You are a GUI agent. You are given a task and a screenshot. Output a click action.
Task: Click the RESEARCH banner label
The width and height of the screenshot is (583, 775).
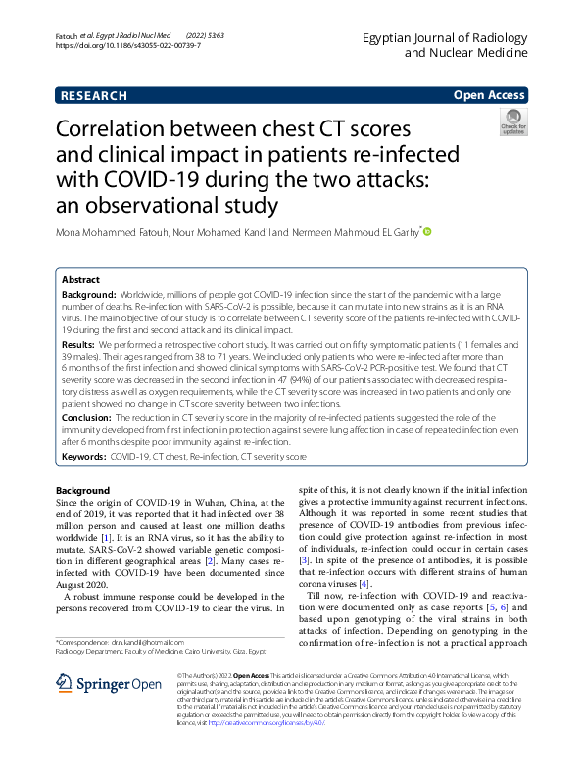click(94, 95)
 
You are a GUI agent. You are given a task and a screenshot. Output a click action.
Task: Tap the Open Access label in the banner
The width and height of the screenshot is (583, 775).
click(488, 95)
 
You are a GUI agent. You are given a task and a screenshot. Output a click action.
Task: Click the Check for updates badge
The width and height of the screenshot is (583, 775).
click(513, 122)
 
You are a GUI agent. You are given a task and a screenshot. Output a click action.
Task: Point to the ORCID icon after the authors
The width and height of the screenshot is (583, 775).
click(426, 232)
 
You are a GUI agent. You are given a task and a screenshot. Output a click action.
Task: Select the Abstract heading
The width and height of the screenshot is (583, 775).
click(80, 280)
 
